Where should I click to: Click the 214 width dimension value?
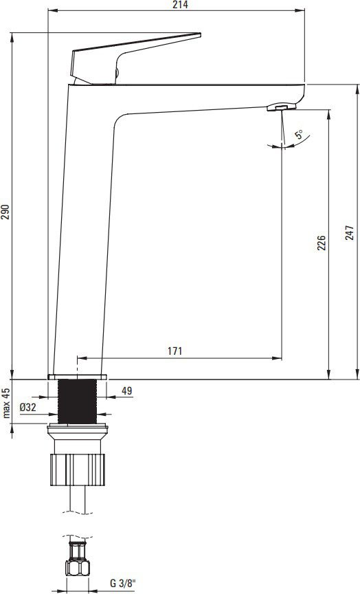[x=181, y=5]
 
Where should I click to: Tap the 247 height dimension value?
[x=349, y=232]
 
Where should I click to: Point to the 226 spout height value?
[x=321, y=243]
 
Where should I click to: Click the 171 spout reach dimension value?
[x=175, y=351]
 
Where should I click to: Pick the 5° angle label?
[x=299, y=134]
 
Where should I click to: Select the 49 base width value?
[x=127, y=391]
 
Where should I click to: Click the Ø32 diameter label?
[x=28, y=408]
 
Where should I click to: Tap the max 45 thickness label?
[x=6, y=402]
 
